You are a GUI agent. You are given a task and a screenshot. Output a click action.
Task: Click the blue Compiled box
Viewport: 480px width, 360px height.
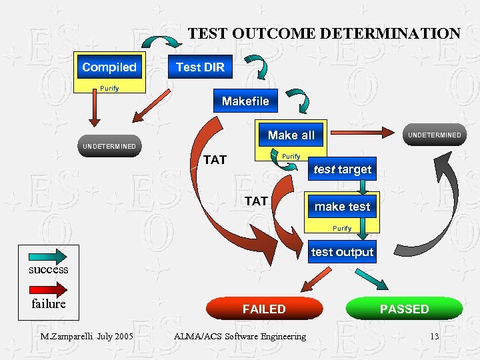coord(109,67)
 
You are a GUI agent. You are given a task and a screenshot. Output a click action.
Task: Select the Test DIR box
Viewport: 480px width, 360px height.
coord(200,67)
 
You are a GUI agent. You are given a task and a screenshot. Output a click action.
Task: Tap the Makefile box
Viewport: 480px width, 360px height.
coord(245,101)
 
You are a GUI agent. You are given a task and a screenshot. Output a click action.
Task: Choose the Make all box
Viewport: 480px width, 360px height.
coord(291,135)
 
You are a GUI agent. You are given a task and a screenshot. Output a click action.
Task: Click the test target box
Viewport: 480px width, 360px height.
coord(342,169)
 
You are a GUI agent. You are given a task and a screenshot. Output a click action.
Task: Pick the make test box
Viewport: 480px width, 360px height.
coord(342,207)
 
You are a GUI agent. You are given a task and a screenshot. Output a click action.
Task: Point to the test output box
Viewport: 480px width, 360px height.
coord(342,252)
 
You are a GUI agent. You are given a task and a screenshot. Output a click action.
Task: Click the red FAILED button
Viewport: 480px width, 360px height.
coord(264,309)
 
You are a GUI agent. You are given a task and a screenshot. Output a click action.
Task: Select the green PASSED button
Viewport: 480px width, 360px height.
coord(404,309)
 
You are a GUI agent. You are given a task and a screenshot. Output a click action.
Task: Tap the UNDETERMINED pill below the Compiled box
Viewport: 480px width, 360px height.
coord(109,146)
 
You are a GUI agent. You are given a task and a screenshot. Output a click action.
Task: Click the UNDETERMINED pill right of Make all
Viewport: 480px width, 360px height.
coord(434,135)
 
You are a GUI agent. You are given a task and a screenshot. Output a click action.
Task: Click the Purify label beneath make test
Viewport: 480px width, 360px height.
coord(342,229)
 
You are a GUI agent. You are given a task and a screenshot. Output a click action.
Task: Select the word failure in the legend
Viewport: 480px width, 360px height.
coord(49,304)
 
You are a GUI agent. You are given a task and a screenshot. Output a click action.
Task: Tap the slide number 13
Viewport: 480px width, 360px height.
coord(434,336)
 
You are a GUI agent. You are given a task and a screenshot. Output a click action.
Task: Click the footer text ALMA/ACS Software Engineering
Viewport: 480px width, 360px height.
coord(239,336)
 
